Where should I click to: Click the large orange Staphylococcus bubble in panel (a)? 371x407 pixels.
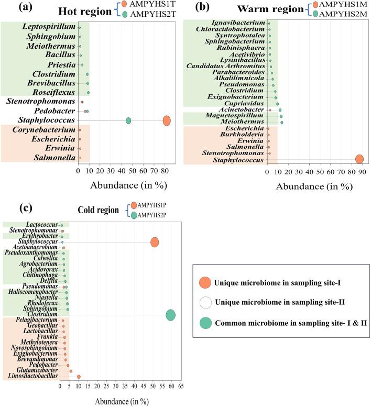click(167, 120)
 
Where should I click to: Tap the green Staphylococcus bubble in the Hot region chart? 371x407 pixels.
click(128, 121)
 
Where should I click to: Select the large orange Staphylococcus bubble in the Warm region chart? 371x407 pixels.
click(359, 159)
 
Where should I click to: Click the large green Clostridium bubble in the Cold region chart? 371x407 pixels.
click(170, 315)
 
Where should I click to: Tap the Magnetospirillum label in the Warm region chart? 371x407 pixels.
click(234, 116)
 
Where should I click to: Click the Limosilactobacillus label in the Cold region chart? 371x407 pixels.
click(32, 377)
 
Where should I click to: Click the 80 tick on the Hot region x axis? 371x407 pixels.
click(165, 171)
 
